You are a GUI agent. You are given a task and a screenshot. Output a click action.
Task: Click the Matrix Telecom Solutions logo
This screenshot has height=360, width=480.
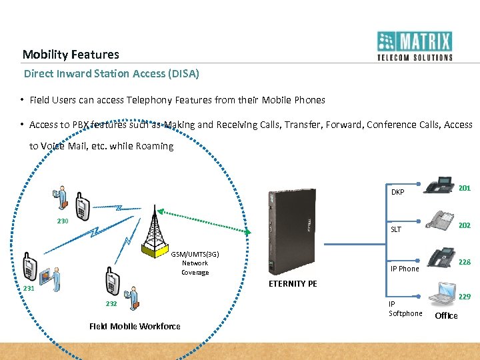pos(415,46)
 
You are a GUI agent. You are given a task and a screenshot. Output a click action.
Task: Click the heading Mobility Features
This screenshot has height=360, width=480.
pos(71,55)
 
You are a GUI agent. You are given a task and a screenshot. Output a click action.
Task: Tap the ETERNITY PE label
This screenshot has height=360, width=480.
pos(292,283)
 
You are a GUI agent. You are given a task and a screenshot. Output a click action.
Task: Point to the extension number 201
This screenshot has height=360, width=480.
pos(464,188)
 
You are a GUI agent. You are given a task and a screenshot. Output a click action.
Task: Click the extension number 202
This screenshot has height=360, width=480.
pos(464,225)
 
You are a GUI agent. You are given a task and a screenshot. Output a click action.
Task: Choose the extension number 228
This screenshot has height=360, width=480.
pos(464,262)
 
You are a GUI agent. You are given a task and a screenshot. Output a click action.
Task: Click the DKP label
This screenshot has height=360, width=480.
pos(398,192)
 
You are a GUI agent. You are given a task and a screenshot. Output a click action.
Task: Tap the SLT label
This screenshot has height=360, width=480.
pos(396,229)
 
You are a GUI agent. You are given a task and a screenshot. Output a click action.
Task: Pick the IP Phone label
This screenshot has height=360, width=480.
pos(405,269)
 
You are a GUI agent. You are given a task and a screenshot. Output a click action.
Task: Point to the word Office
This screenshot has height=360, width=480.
pos(446,316)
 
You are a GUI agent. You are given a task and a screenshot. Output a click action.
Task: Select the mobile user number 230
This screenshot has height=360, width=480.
pos(62,221)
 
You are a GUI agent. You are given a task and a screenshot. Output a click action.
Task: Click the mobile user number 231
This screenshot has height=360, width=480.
pos(29,288)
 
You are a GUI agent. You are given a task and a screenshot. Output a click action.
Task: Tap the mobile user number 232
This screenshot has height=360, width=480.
pos(111,303)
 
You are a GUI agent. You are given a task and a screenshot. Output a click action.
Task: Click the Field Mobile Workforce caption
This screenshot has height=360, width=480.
pos(135,326)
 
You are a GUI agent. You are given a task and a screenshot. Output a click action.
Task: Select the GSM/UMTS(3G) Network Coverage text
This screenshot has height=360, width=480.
pos(195,263)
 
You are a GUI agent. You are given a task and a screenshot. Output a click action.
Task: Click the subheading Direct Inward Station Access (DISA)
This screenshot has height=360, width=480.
pos(111,73)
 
